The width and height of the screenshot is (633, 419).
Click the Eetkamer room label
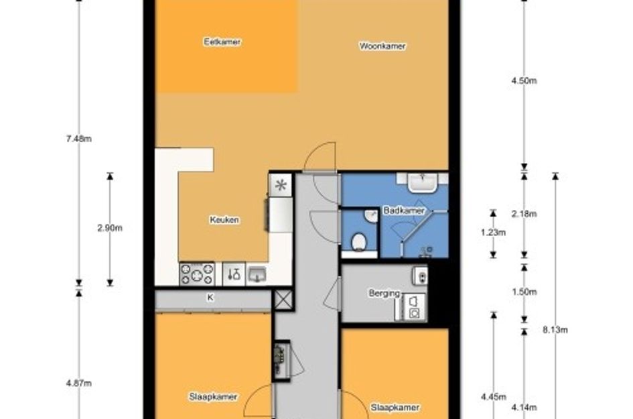pos(222,42)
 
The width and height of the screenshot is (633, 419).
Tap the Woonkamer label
pos(382,46)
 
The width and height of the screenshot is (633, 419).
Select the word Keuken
pos(224,220)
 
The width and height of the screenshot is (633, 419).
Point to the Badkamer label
pos(404,211)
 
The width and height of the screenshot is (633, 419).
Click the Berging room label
pos(384,293)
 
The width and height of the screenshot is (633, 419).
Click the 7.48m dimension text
pos(79,139)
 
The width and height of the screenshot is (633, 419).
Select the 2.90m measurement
pos(110,228)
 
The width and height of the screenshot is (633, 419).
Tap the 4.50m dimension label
pos(524,80)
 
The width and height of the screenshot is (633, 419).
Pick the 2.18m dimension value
pos(524,214)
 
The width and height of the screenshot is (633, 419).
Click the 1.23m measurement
pos(493,233)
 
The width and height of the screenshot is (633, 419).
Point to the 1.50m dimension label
pos(524,292)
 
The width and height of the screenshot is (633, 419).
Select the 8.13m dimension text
pos(555,330)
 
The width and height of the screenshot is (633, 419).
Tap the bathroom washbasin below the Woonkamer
pos(422,182)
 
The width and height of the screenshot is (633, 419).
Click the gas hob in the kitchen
pos(197,274)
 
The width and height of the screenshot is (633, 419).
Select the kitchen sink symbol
pos(257,275)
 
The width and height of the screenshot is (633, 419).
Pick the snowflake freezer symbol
pos(281,185)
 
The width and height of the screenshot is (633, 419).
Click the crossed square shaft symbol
pos(284,300)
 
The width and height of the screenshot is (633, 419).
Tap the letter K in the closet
pos(210,298)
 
